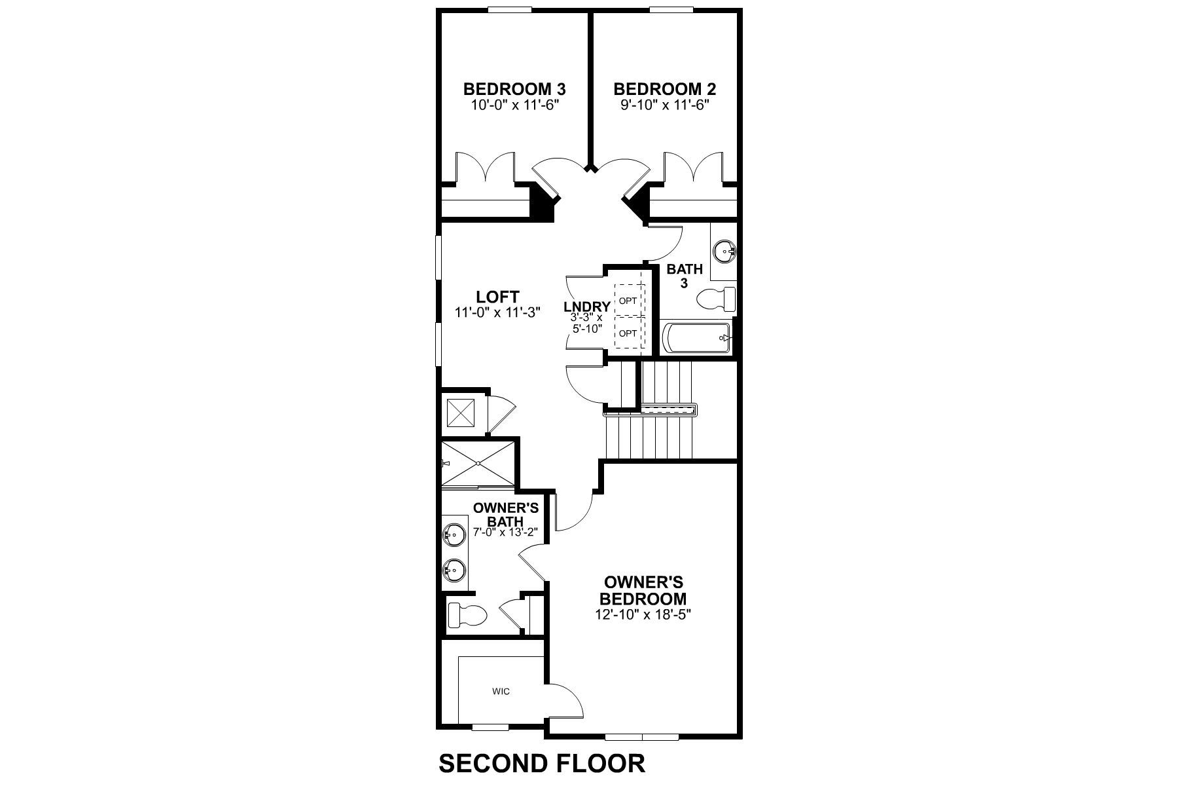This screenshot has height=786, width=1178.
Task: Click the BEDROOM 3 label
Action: point(514,89)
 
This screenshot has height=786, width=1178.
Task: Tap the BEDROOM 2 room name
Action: point(665,89)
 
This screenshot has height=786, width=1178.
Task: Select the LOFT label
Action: point(497,297)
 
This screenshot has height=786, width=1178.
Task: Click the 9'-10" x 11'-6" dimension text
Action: point(665,105)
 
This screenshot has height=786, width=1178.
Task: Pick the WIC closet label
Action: point(501,691)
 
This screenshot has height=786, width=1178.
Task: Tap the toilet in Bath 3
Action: point(716,301)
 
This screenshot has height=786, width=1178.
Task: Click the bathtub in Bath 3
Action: point(697,338)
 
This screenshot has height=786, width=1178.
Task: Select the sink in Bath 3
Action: point(725,250)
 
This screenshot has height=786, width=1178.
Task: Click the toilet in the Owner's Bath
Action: point(467,615)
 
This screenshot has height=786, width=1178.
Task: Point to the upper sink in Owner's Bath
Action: point(453,535)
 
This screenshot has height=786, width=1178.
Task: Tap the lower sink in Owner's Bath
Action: point(453,570)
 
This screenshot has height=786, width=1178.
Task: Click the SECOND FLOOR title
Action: point(542,764)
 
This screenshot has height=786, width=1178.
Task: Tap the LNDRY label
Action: point(587,307)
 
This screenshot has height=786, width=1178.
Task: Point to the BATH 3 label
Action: point(685,276)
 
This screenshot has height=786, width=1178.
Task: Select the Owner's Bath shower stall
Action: point(478,464)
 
